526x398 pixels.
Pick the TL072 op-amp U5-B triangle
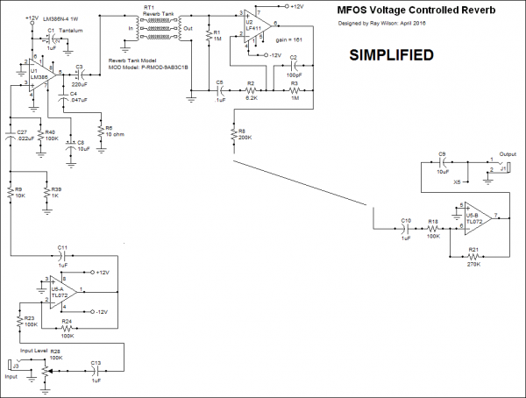coord(473,217)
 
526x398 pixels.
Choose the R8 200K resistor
coord(233,133)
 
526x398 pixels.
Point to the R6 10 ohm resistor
coord(100,130)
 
